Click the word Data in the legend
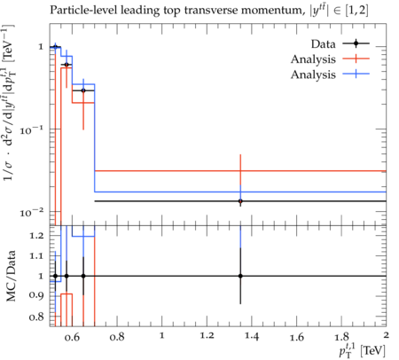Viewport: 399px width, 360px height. pyautogui.click(x=323, y=44)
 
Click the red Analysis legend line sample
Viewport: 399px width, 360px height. pyautogui.click(x=356, y=59)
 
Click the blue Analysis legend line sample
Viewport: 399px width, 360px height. pyautogui.click(x=356, y=74)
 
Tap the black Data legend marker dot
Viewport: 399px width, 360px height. pyautogui.click(x=356, y=43)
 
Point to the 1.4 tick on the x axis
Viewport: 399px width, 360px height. pyautogui.click(x=252, y=337)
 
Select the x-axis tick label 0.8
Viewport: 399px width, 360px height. pyautogui.click(x=117, y=337)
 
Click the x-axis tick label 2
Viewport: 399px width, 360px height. pyautogui.click(x=386, y=335)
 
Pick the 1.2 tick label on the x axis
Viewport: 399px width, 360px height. pyautogui.click(x=207, y=336)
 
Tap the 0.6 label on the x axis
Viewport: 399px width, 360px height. pyautogui.click(x=72, y=337)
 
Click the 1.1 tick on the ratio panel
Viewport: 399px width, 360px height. pyautogui.click(x=36, y=255)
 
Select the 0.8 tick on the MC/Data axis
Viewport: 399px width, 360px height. pyautogui.click(x=36, y=317)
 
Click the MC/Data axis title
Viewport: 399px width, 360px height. pyautogui.click(x=11, y=276)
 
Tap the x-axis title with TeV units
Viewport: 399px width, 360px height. pyautogui.click(x=362, y=350)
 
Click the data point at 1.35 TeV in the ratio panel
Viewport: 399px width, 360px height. pyautogui.click(x=240, y=276)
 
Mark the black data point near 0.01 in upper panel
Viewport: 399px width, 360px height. pyautogui.click(x=240, y=201)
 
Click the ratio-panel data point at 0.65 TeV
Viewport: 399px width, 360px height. pyautogui.click(x=83, y=276)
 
